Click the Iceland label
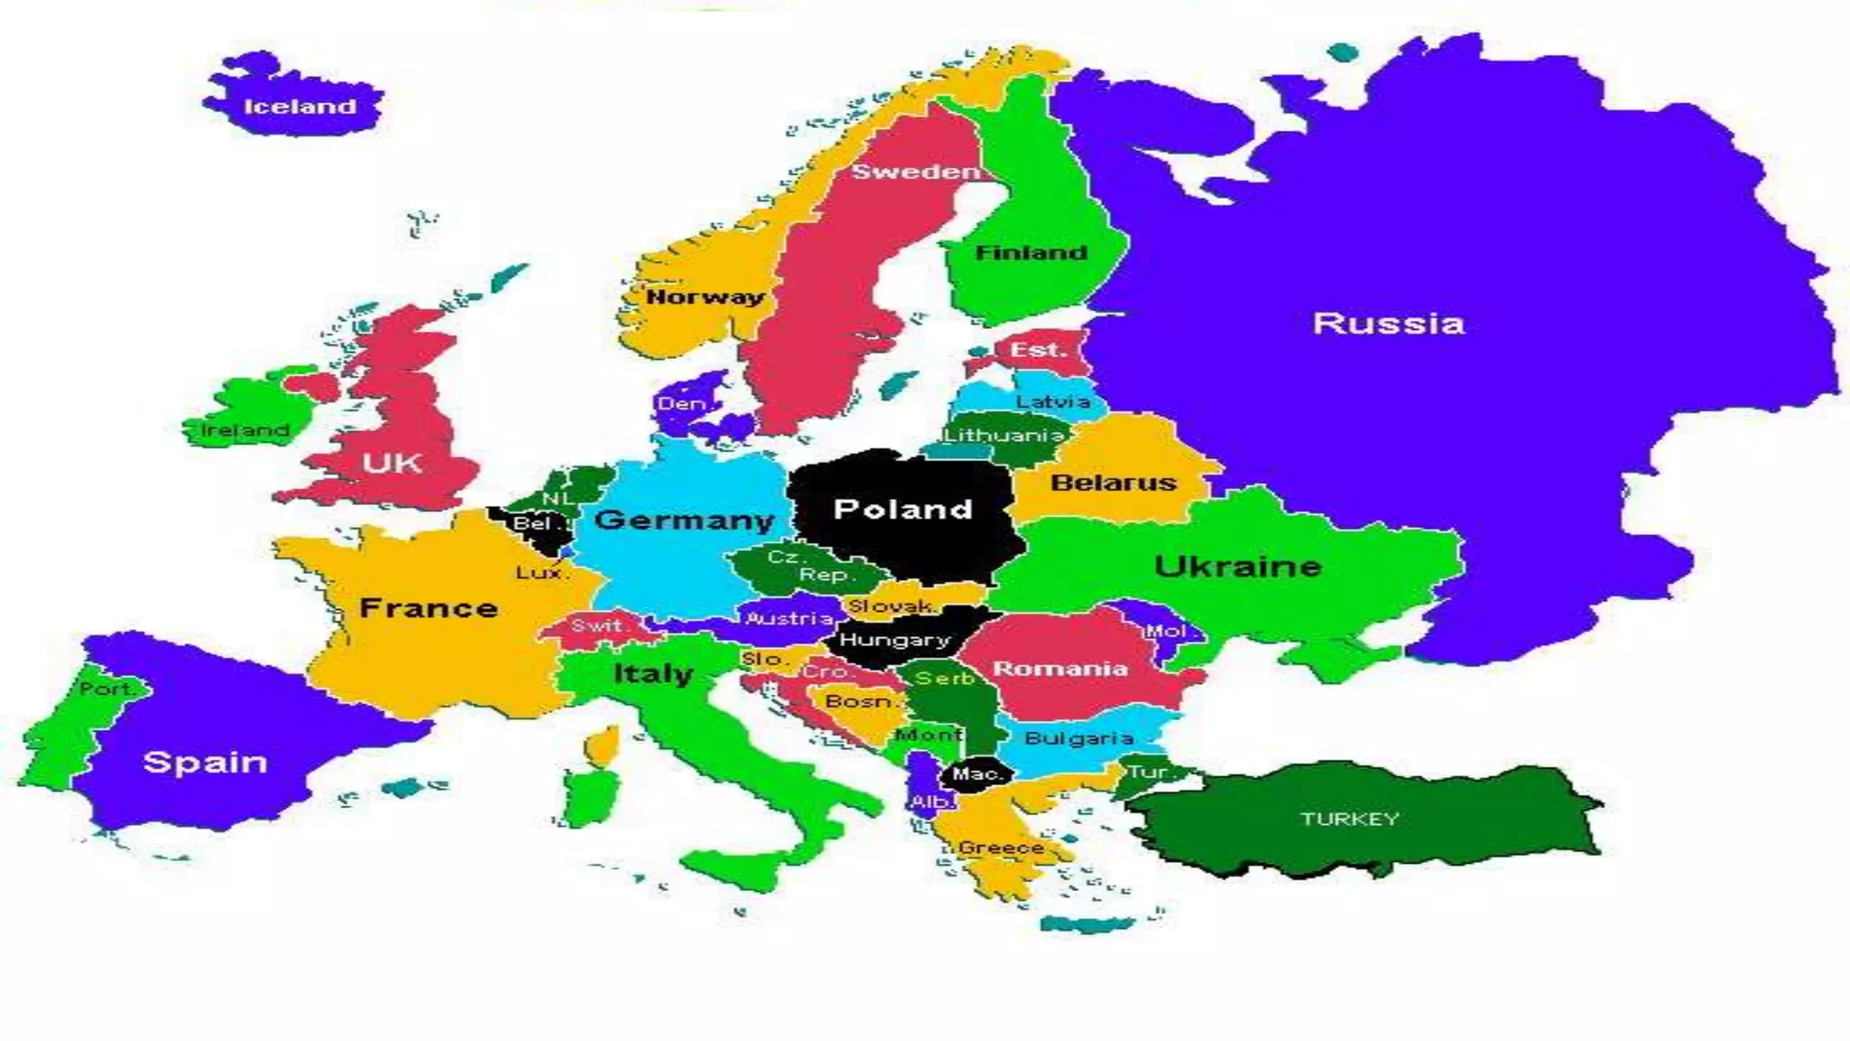[300, 107]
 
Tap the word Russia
[1387, 324]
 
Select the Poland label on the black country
[902, 510]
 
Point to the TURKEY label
[1350, 819]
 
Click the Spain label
[205, 763]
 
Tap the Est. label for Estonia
[1037, 350]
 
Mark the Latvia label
[1052, 401]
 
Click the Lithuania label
[1004, 435]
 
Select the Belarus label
[1113, 483]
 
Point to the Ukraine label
[1238, 567]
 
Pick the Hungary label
[895, 641]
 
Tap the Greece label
[1001, 848]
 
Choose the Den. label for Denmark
[682, 404]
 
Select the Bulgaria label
[1079, 738]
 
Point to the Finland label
[1031, 253]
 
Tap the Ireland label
[245, 430]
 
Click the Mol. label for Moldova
[1166, 631]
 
